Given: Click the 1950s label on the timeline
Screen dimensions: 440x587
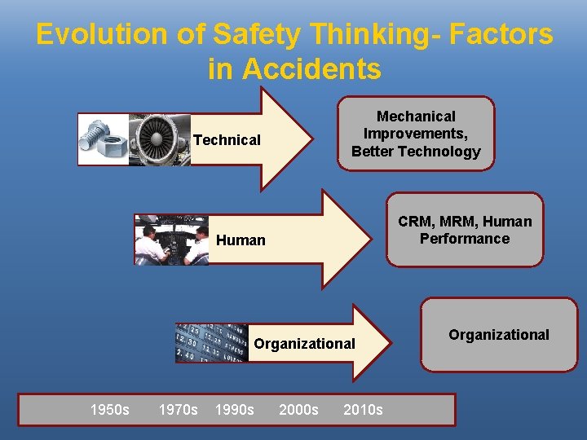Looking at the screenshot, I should click(x=109, y=409).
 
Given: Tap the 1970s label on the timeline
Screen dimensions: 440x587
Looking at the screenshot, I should click(x=178, y=409).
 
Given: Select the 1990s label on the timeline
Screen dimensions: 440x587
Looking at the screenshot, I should click(x=234, y=409).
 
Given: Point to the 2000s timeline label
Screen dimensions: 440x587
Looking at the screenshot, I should click(x=298, y=409).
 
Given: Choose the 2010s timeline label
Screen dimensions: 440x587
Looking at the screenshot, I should click(x=363, y=409).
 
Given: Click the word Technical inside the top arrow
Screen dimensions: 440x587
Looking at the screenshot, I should click(x=227, y=140).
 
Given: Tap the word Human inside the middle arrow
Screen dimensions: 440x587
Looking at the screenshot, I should click(x=241, y=240).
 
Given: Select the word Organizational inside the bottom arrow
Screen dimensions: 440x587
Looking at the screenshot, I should click(x=304, y=343).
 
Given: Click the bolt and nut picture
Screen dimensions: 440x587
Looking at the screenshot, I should click(x=103, y=139).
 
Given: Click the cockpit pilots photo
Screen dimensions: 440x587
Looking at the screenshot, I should click(x=171, y=240).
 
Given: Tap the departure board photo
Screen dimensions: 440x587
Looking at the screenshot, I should click(x=212, y=343).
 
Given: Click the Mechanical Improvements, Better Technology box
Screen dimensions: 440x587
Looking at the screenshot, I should click(x=416, y=134).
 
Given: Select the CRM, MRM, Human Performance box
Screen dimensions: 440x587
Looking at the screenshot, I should click(x=465, y=230).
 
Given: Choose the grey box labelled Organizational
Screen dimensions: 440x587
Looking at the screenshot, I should click(x=499, y=335).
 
